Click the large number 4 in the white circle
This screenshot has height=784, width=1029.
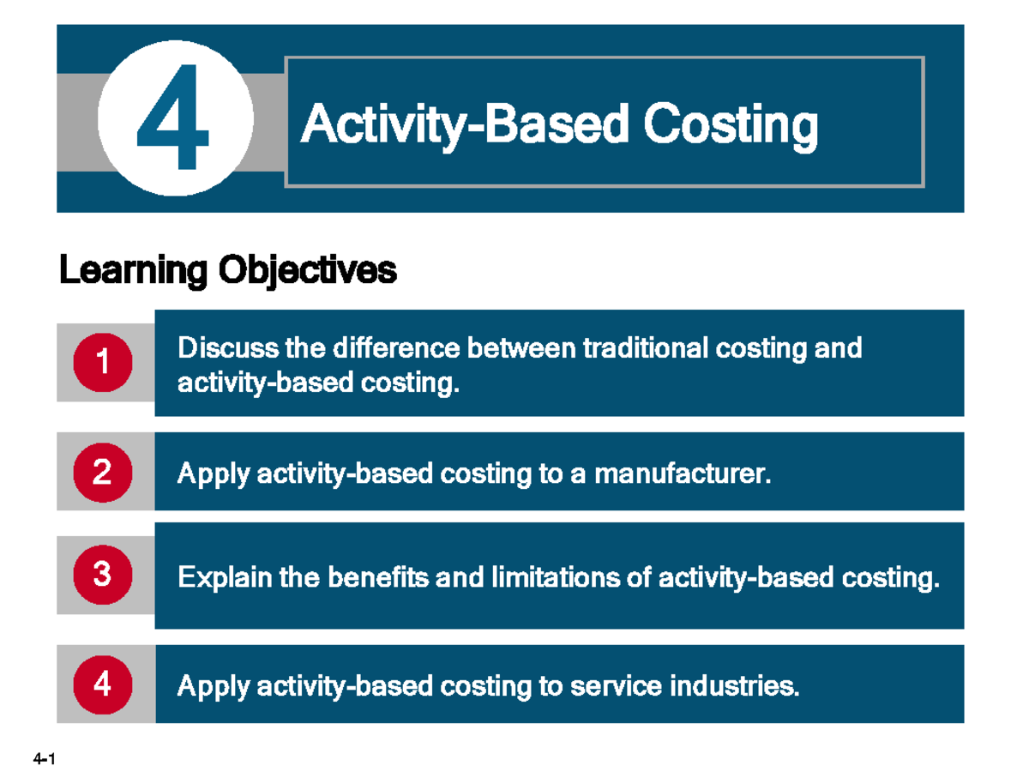tap(174, 118)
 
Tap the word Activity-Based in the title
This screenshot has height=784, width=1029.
tap(466, 125)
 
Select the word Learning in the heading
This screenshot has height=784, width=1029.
tap(133, 271)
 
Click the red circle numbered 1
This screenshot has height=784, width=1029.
tap(103, 362)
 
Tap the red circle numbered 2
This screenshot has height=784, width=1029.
tap(103, 473)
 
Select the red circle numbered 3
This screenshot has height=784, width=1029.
tap(103, 573)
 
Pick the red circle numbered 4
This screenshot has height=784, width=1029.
tap(103, 684)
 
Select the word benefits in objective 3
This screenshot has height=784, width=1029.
tap(378, 578)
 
